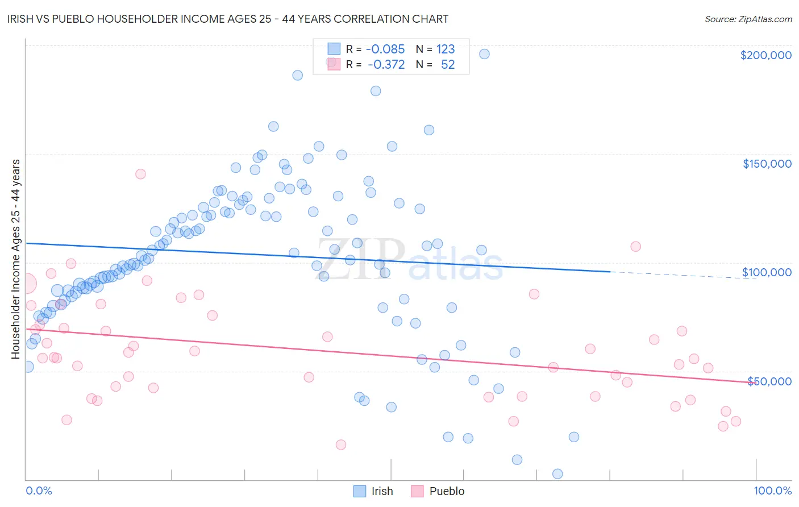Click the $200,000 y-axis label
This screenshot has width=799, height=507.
pos(765,55)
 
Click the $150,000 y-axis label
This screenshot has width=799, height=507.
pos(767,164)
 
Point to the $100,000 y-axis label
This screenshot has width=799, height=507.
pos(767,272)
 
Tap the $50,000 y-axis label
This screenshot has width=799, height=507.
pos(769,381)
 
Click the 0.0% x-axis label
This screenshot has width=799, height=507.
pos(39,491)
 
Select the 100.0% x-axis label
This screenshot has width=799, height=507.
pos(772,491)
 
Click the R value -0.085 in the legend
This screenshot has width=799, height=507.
pos(385,49)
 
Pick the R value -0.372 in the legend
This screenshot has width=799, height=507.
pos(386,64)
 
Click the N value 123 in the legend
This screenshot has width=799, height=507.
pos(446,49)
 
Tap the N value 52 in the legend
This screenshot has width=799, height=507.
pos(448,64)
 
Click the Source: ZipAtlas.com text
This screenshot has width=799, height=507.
pos(748,19)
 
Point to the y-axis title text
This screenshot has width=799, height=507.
pos(15,259)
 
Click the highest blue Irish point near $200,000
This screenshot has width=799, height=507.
pos(484,54)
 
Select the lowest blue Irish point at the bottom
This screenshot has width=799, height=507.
pos(557,474)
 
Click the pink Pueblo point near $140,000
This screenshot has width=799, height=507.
pos(140,174)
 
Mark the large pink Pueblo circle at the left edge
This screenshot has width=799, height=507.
pos(26,282)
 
